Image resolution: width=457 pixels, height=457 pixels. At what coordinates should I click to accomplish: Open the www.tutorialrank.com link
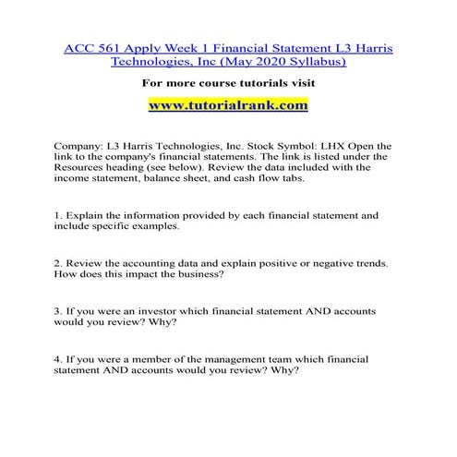coord(228,105)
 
